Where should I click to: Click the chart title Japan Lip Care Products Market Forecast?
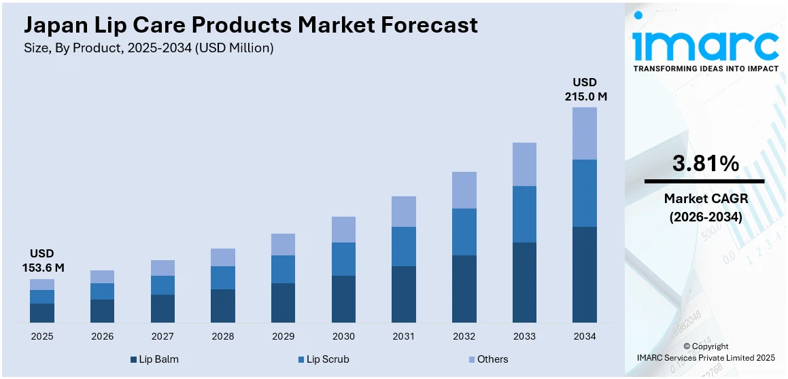pos(251,25)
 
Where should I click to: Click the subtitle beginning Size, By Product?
pos(149,48)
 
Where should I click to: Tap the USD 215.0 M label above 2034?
pos(585,89)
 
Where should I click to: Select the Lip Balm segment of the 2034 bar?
pos(585,274)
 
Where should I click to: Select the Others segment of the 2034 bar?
pos(585,133)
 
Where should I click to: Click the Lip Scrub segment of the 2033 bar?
pos(524,214)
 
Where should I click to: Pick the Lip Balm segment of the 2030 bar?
pos(343,299)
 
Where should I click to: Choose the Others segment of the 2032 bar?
pos(464,190)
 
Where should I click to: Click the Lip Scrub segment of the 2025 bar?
pos(42,297)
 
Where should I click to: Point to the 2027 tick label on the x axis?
pos(162,336)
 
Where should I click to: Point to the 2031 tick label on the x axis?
pos(404,336)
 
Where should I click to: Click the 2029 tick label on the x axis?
pos(283,336)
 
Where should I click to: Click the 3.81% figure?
pos(705,164)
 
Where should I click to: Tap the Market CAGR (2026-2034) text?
pos(705,208)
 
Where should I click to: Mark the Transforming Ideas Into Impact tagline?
pos(706,69)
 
